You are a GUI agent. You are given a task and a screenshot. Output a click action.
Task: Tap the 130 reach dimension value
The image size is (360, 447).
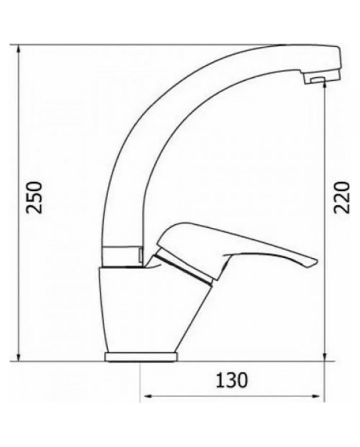231,380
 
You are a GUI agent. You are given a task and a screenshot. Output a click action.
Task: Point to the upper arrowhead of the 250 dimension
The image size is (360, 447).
19,49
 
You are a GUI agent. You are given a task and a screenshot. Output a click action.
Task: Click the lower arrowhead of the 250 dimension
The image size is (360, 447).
19,357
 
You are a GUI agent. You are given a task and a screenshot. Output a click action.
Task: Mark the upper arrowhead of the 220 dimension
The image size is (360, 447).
325,84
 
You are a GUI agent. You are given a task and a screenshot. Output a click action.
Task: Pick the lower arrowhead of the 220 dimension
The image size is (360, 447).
325,357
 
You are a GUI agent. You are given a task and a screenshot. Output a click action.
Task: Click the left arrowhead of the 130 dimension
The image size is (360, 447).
146,396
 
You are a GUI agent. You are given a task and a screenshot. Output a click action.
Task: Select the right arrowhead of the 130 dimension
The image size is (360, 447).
319,396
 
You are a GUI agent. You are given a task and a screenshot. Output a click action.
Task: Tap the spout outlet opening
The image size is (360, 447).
316,80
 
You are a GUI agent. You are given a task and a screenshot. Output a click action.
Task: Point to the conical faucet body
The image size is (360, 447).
139,309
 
